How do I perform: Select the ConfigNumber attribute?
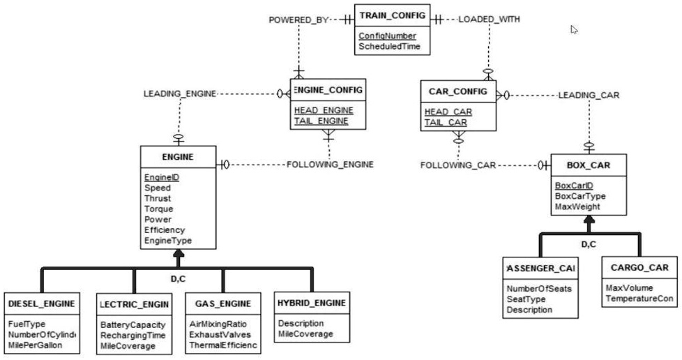point(387,36)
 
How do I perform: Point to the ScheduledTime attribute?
point(390,47)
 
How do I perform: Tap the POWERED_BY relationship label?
point(298,20)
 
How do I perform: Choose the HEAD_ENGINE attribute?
point(324,110)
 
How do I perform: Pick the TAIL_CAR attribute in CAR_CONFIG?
point(447,123)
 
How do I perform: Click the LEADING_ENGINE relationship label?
point(180,93)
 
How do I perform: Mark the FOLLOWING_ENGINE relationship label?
point(330,165)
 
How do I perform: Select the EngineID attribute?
point(162,177)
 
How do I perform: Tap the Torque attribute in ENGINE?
point(158,209)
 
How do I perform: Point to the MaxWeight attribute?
point(577,207)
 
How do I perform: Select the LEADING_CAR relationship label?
point(589,95)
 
